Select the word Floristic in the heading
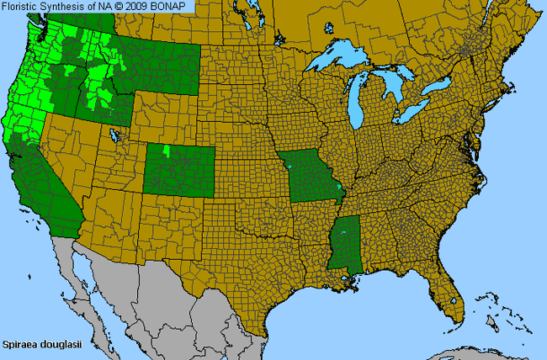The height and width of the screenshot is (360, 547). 20,6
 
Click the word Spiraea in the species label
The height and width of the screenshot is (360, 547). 19,345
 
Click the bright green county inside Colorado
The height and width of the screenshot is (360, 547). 167,151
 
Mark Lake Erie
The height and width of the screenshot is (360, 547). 412,109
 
